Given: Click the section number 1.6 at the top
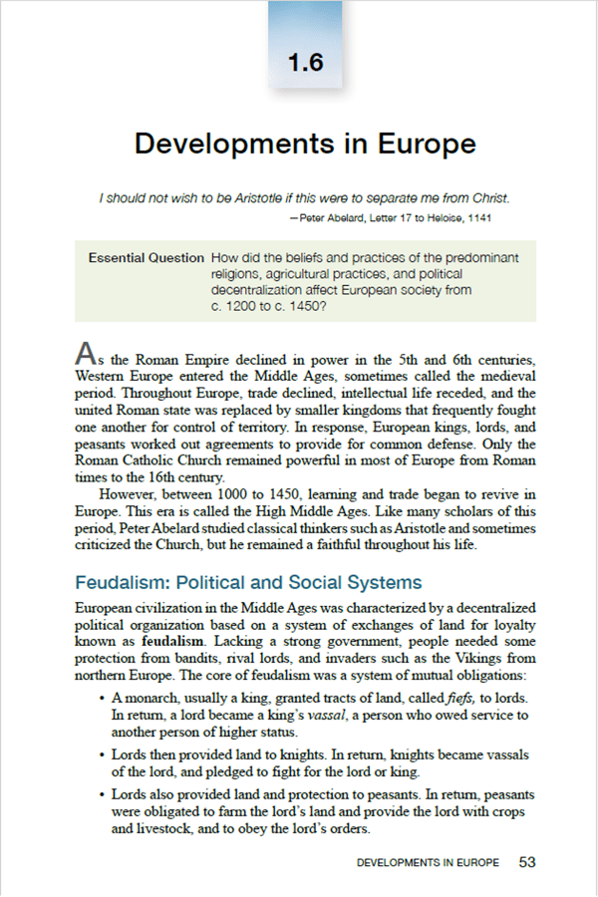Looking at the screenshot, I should click(x=305, y=63).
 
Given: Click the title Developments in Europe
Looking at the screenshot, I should click(x=305, y=143).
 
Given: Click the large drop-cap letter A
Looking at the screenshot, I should click(x=87, y=353).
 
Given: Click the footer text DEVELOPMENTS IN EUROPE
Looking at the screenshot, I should click(x=428, y=863).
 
